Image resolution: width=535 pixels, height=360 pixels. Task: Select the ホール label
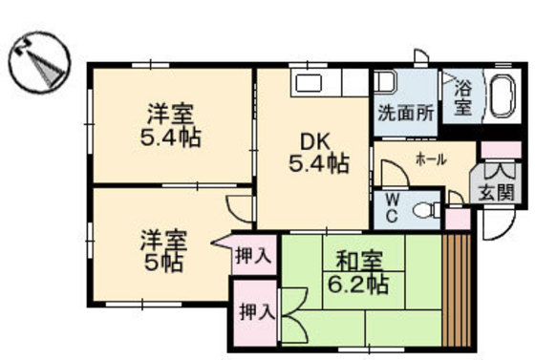tap(431, 159)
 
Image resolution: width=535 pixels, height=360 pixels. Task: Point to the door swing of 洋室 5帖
tap(240, 207)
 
